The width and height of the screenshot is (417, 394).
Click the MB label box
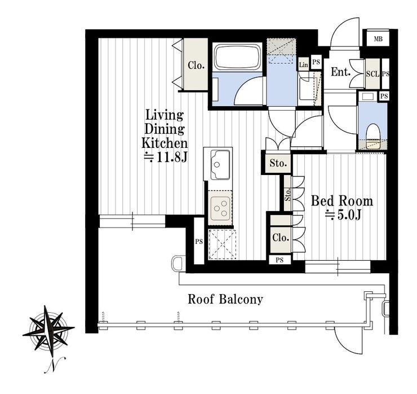coord(378,39)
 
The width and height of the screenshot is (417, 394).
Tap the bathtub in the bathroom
coord(237,57)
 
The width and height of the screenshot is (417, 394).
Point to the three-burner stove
coord(220,207)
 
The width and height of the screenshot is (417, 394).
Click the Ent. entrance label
coord(340,72)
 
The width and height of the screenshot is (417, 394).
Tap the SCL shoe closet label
coord(372,74)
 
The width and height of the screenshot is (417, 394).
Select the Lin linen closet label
coord(303,65)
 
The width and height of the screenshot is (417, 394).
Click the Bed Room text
coord(341,201)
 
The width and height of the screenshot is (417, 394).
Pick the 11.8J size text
coord(166,157)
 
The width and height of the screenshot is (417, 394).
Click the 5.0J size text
coord(343,215)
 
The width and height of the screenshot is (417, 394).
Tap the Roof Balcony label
coord(225,299)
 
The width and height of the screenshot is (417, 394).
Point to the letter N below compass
coord(55,366)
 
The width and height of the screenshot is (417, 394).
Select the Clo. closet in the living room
coord(196,64)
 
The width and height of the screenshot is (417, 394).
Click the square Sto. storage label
coord(278,163)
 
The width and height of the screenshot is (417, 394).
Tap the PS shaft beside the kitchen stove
coord(199,241)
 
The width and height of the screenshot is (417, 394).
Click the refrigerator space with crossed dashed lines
coord(222,244)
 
